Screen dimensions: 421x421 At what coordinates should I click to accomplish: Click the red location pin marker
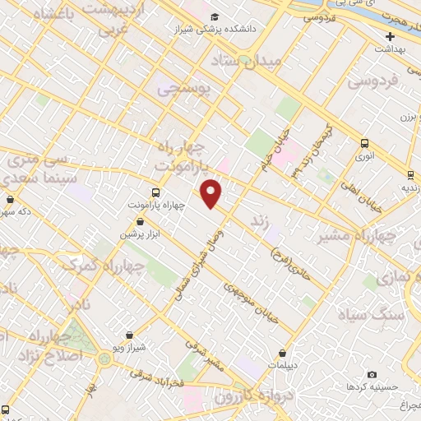[211, 193]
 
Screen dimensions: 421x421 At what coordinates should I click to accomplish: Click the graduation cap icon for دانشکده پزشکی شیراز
[215, 17]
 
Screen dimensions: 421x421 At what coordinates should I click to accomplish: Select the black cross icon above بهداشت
[390, 36]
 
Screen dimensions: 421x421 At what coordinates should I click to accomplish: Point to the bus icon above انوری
[364, 142]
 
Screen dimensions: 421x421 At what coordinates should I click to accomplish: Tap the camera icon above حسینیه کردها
[372, 374]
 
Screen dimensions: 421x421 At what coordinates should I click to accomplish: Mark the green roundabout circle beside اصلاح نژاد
[104, 359]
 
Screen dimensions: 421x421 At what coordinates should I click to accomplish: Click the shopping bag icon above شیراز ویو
[129, 335]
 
